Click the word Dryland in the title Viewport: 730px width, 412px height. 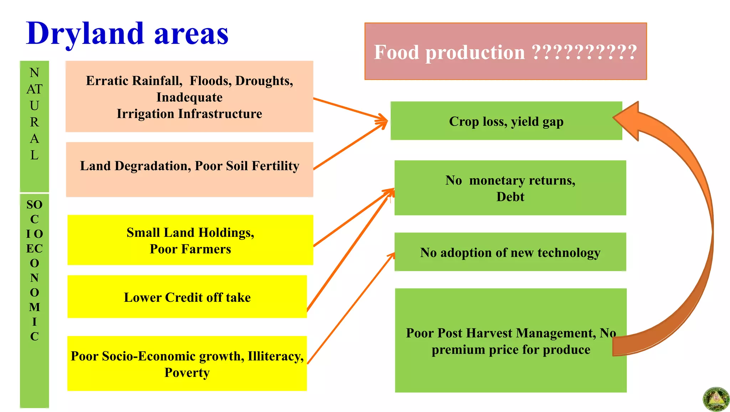pos(85,34)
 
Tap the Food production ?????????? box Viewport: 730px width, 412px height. pos(505,51)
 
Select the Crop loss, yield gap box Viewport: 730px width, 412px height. pos(506,121)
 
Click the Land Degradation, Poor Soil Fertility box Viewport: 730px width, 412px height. pos(189,169)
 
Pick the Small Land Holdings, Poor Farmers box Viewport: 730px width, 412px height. pos(190,240)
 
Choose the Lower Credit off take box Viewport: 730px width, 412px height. pos(187,297)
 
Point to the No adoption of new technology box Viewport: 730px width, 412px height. pos(510,252)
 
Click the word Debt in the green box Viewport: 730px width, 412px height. pos(510,197)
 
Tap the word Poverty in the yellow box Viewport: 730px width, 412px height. pos(187,373)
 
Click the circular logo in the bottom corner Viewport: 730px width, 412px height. pos(715,399)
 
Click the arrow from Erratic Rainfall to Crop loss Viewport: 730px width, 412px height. pos(349,108)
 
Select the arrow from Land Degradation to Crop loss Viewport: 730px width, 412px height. pos(349,146)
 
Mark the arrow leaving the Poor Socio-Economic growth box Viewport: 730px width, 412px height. pos(351,309)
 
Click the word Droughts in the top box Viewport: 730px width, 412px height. pos(264,81)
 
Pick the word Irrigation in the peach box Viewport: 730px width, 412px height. pos(145,114)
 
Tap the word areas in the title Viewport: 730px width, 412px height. pos(191,34)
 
